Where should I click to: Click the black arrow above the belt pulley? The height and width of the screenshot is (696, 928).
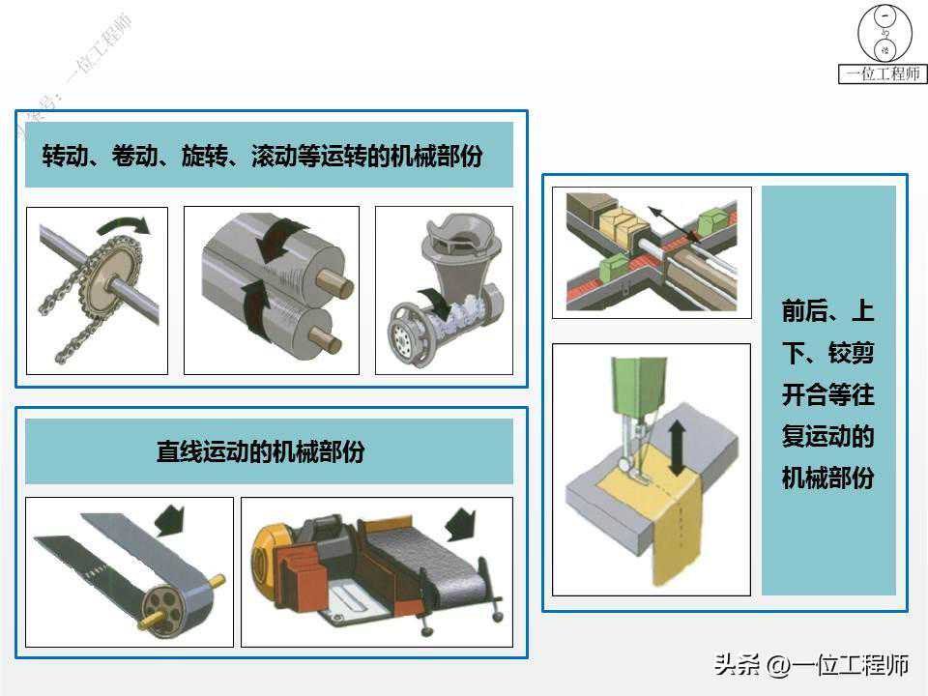point(170,521)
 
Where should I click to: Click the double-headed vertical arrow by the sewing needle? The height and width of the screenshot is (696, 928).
point(677,448)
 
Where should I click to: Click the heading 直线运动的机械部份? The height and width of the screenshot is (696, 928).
point(260,451)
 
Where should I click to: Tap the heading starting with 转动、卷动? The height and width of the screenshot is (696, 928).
point(262,156)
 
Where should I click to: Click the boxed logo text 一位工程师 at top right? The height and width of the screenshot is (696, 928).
point(883,74)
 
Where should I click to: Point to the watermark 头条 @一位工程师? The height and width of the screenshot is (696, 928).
point(811,665)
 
